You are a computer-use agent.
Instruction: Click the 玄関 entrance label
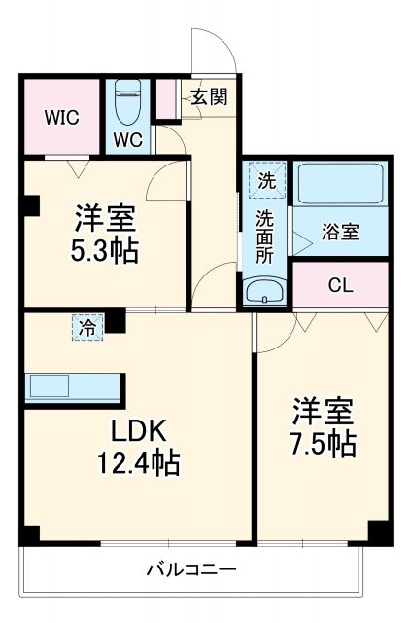(x=208, y=96)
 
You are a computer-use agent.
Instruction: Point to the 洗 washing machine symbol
(x=265, y=179)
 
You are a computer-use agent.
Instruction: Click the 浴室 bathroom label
(x=341, y=233)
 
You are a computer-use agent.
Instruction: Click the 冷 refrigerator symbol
(x=87, y=327)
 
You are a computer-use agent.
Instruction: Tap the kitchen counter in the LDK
(x=73, y=385)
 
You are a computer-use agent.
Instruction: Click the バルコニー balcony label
(x=191, y=568)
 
